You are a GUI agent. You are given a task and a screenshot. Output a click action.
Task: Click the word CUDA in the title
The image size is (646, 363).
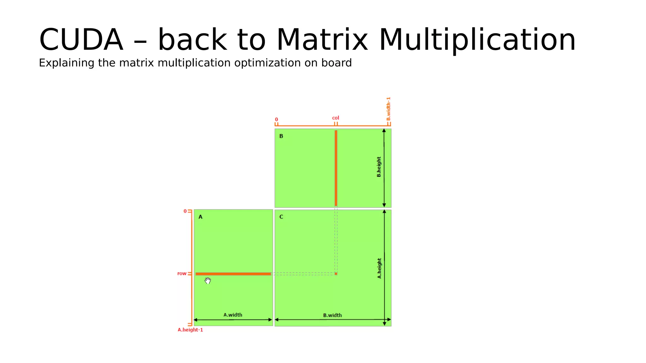[x=81, y=40]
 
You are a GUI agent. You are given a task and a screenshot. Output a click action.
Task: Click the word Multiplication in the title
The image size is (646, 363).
[x=477, y=40]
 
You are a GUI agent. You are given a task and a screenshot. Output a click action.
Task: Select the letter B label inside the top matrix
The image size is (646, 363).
[x=281, y=136]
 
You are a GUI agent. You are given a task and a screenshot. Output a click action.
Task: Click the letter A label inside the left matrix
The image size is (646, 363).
[x=200, y=217]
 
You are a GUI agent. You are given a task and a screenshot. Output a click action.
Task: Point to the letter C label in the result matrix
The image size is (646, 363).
[x=281, y=217]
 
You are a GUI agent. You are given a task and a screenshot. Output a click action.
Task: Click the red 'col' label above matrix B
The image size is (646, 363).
[x=335, y=118]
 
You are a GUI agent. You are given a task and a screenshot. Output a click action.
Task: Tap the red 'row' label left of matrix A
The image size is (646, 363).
[x=182, y=274]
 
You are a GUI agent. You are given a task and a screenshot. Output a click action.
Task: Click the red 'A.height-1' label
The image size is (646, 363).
[x=190, y=330]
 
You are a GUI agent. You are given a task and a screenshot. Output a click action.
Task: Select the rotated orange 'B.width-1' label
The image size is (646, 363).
[x=389, y=109]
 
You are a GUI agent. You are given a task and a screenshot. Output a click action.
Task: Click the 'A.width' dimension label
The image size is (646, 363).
[x=233, y=315]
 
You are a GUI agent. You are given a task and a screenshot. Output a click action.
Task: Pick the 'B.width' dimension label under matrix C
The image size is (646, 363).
[x=332, y=315]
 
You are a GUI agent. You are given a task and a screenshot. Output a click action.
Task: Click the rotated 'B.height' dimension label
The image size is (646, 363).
[x=379, y=167]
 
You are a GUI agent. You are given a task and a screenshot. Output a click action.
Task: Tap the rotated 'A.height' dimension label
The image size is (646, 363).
[x=379, y=268]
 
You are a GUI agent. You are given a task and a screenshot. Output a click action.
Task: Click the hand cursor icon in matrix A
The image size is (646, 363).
[x=208, y=280]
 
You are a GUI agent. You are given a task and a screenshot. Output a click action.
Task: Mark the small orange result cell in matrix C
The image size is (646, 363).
[x=336, y=274]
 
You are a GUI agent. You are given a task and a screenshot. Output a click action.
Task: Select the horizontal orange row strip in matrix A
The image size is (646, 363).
[x=233, y=274]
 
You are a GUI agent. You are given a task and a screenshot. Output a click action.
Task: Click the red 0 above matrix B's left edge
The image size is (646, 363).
[x=276, y=120]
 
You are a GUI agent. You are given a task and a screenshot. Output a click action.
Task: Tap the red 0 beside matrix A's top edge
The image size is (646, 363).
[x=185, y=211]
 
